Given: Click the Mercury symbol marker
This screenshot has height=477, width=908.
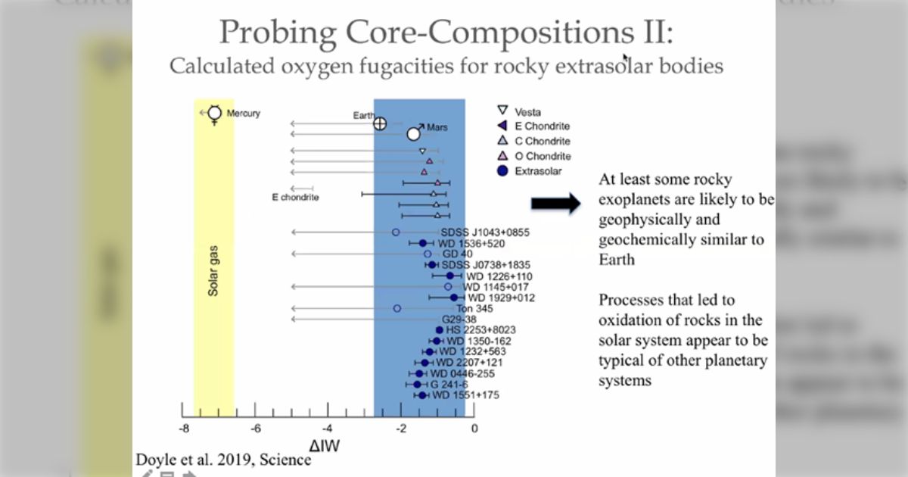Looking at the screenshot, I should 214,114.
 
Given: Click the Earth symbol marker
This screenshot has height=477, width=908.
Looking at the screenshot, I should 381,123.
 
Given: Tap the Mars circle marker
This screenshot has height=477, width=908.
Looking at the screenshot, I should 413,134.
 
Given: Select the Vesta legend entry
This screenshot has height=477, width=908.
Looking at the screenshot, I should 527,112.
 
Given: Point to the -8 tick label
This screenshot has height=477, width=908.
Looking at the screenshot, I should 182,429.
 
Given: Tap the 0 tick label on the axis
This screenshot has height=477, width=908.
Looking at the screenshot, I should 474,429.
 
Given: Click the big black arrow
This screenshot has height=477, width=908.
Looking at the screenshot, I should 555,203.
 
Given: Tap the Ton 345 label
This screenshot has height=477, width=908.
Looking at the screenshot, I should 474,309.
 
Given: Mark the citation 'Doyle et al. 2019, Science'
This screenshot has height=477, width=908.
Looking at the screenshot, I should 223,460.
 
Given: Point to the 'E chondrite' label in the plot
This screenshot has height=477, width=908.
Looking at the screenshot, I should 295,198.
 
